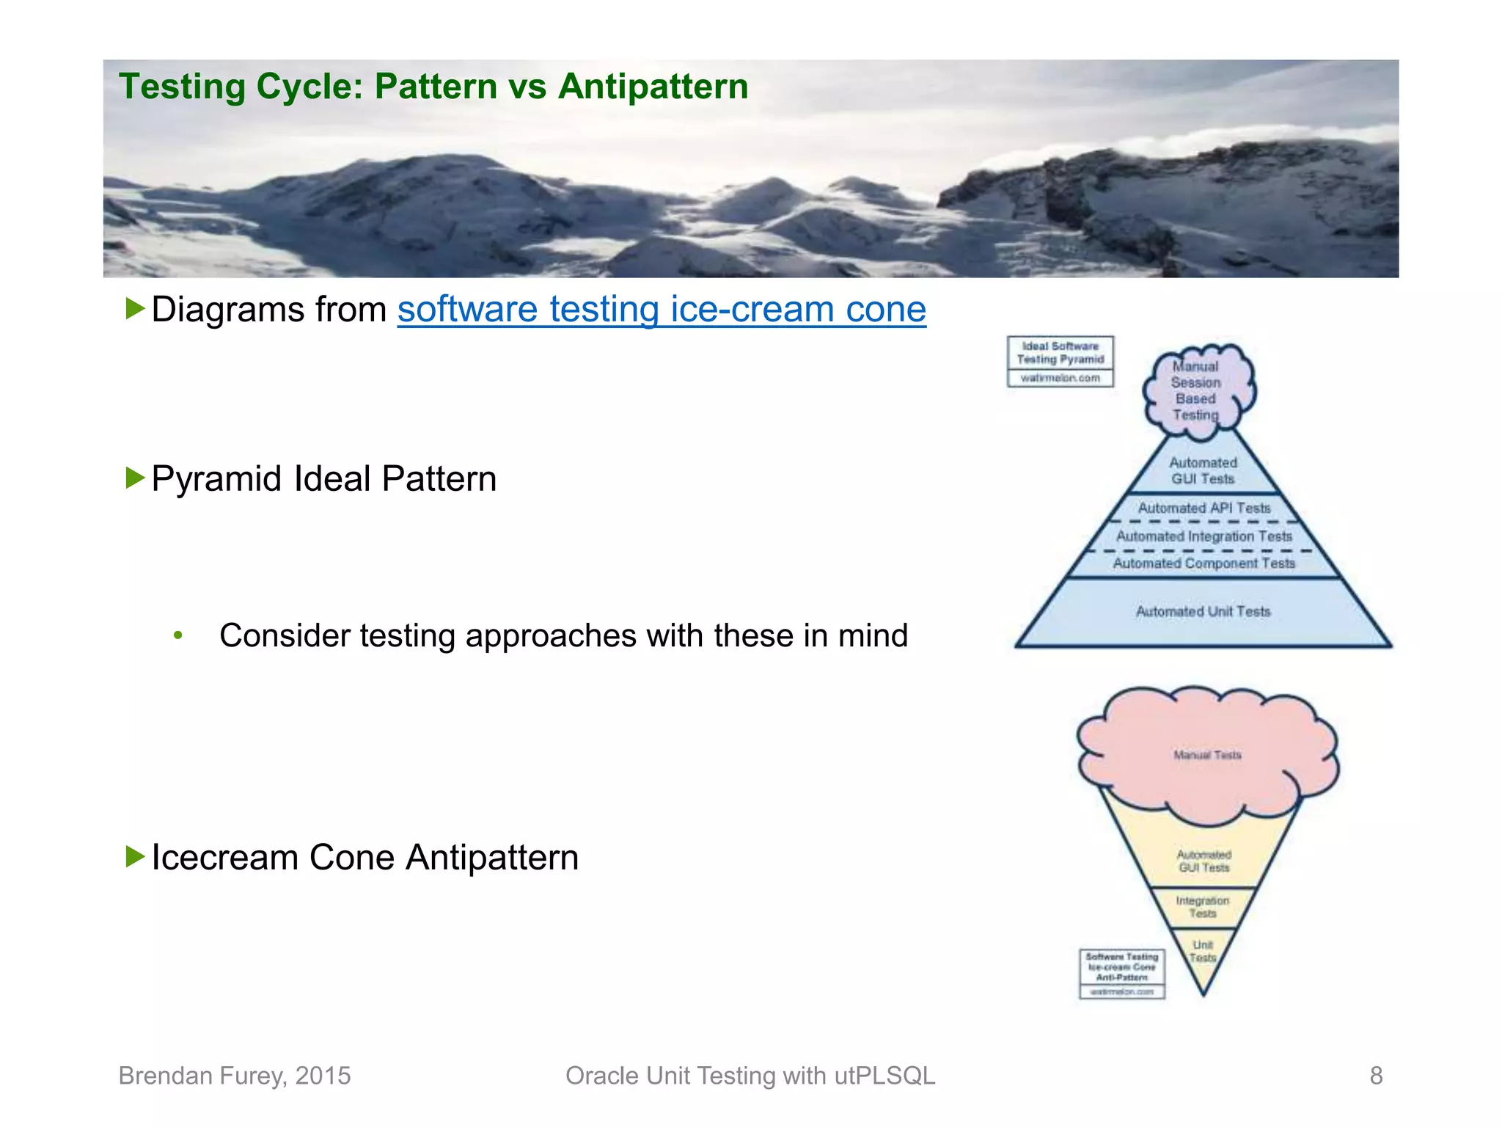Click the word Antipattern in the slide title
click(x=653, y=87)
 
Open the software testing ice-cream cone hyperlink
click(x=662, y=310)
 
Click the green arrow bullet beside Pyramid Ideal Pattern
click(x=135, y=478)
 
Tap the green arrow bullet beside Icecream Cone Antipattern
click(x=135, y=856)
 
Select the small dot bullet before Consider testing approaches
click(x=178, y=635)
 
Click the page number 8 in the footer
click(x=1376, y=1076)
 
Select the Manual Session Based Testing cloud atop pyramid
click(x=1197, y=391)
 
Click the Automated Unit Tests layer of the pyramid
click(x=1203, y=612)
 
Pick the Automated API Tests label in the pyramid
click(x=1204, y=508)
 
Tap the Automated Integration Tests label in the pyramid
click(x=1204, y=536)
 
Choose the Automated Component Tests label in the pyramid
click(x=1204, y=563)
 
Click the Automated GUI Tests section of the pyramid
click(x=1203, y=471)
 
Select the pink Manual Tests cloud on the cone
click(x=1207, y=756)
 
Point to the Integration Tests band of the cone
click(x=1203, y=907)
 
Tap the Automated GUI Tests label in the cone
click(x=1204, y=861)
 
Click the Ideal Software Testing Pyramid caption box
click(x=1060, y=360)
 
